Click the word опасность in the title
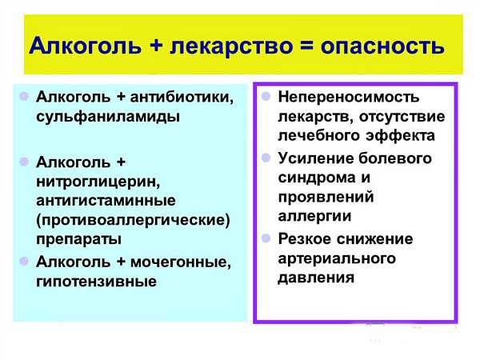tap(382, 46)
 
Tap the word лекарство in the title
tap(231, 46)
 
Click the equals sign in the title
tap(306, 46)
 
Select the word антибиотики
tap(182, 97)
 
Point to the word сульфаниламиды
tap(108, 117)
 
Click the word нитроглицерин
tap(98, 182)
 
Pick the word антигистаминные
tap(106, 201)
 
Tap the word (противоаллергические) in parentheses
tap(133, 220)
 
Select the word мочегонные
tap(181, 262)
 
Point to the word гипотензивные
tap(96, 282)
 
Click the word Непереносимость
tap(348, 98)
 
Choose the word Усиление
tap(316, 158)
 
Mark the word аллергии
tap(314, 217)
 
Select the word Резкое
tap(305, 239)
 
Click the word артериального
tap(337, 258)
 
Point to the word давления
tap(316, 278)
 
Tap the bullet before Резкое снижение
tap(266, 238)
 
